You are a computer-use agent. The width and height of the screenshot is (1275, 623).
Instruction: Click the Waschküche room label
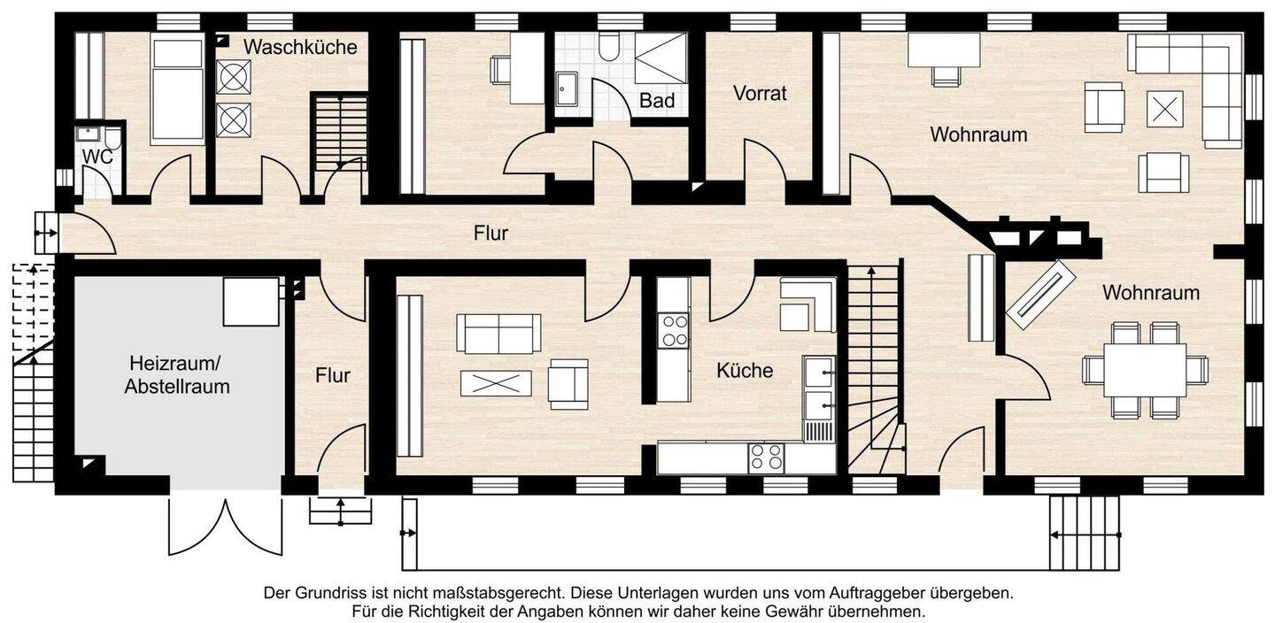(x=300, y=47)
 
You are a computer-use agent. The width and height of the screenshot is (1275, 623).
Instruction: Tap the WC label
(x=97, y=157)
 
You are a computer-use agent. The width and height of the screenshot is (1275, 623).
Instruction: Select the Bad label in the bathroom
(x=657, y=101)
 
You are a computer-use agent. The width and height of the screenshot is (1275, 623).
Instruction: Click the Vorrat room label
(x=760, y=93)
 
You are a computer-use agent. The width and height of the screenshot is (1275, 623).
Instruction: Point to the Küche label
(x=745, y=371)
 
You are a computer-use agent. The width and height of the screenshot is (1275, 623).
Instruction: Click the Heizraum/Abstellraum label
(x=177, y=374)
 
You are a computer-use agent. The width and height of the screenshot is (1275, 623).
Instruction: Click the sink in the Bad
(x=567, y=88)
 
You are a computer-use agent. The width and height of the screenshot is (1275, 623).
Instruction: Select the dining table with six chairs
(x=1145, y=369)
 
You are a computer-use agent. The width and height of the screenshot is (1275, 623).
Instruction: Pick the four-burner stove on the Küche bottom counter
(x=766, y=457)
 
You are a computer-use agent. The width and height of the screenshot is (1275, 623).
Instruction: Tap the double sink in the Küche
(x=818, y=387)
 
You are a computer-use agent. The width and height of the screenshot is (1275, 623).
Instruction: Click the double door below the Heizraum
(x=225, y=526)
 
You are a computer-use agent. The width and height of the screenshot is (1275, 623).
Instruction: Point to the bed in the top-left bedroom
(x=177, y=90)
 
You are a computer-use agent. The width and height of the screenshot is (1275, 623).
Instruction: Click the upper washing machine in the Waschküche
(x=233, y=77)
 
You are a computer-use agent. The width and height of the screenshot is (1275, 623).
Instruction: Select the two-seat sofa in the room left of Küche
(x=498, y=333)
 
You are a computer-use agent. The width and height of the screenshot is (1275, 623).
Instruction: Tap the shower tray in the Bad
(x=661, y=58)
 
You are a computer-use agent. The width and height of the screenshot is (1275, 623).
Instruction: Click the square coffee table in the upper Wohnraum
(x=1164, y=109)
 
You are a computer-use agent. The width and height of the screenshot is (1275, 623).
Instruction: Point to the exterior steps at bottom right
(x=1085, y=532)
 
